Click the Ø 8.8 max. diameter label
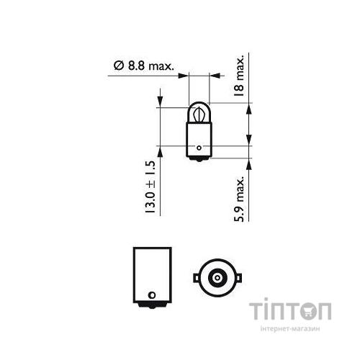[x=144, y=66]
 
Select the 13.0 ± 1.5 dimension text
[x=150, y=186]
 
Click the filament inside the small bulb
[x=198, y=113]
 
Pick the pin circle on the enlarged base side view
[x=151, y=294]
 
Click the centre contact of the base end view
[x=214, y=276]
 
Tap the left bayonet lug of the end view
[x=195, y=276]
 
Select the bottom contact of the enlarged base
[x=151, y=307]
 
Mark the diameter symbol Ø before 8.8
[x=117, y=66]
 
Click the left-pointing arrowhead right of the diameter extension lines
[x=212, y=73]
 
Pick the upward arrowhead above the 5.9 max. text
[x=248, y=159]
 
